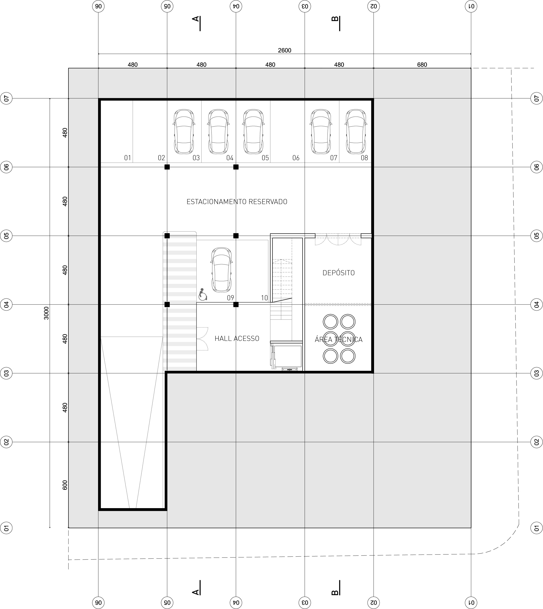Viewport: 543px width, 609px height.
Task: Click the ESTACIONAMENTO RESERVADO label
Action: (237, 202)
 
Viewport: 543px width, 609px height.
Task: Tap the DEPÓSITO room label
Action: (339, 273)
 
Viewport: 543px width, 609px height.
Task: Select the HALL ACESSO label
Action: (237, 338)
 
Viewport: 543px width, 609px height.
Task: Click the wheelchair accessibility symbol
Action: (203, 294)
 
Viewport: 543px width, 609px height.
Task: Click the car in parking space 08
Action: (356, 131)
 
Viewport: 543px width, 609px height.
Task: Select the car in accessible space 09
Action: (221, 270)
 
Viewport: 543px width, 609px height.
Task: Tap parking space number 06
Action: (296, 158)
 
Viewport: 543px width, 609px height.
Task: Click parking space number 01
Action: (127, 158)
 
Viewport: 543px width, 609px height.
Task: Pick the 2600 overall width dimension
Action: (285, 50)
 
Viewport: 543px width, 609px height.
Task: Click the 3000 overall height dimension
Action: (46, 313)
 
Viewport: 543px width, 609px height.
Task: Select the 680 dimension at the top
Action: (422, 65)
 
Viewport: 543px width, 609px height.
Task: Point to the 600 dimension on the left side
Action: (65, 485)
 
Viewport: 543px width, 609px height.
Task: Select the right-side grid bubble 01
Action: (536, 528)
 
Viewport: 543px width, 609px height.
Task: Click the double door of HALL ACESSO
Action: (202, 339)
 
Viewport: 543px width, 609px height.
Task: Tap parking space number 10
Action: (264, 298)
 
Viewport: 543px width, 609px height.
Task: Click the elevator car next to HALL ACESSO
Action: (287, 356)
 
